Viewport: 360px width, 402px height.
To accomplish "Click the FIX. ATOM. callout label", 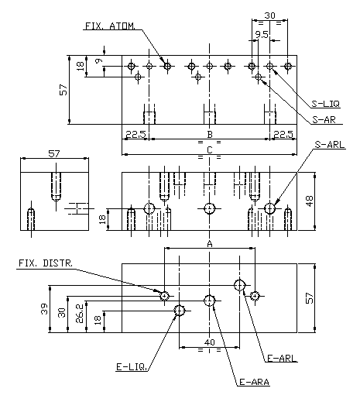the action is (110, 26).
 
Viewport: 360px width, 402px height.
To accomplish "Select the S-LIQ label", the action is (326, 104).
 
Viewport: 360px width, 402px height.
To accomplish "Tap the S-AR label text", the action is (324, 119).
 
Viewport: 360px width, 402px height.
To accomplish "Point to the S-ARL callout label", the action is (330, 145).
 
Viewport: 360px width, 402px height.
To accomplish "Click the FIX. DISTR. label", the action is (46, 263).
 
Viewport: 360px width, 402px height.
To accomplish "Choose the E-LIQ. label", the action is (132, 367).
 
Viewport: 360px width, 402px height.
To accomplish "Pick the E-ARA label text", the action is (255, 382).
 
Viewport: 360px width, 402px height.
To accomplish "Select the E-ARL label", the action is (282, 358).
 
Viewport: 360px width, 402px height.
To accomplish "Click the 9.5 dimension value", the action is (262, 35).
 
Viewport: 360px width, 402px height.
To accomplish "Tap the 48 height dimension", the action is (310, 201).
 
